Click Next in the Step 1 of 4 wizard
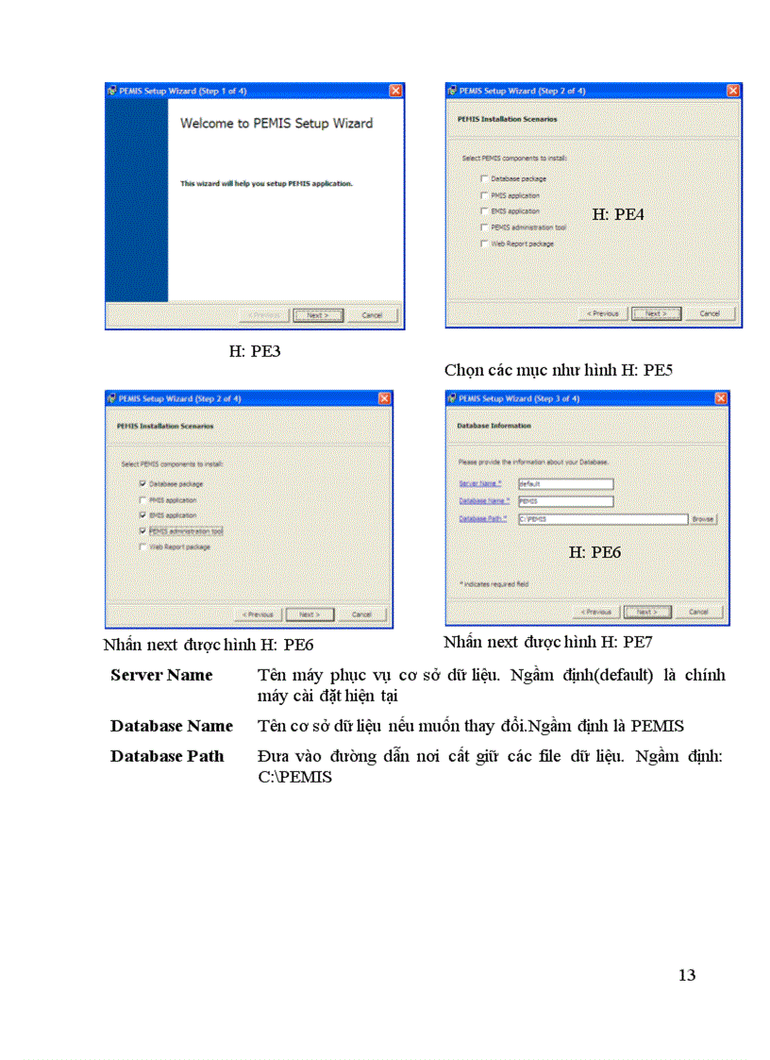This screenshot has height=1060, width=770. click(x=317, y=315)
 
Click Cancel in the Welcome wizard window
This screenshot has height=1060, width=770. click(x=372, y=315)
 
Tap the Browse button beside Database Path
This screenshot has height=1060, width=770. click(x=703, y=519)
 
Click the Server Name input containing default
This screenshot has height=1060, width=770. click(x=565, y=484)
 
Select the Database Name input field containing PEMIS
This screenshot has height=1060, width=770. click(x=565, y=501)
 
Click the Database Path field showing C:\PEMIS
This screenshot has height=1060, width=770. click(x=602, y=519)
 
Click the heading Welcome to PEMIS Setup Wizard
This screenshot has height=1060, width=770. click(x=276, y=124)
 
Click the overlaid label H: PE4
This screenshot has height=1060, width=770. click(x=618, y=214)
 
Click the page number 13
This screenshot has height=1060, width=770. click(x=687, y=975)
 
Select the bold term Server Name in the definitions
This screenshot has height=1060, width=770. click(x=161, y=675)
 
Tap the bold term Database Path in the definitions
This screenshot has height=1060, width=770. click(x=167, y=756)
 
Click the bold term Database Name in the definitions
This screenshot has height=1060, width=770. click(x=171, y=726)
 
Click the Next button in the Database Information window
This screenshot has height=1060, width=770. click(x=646, y=612)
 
